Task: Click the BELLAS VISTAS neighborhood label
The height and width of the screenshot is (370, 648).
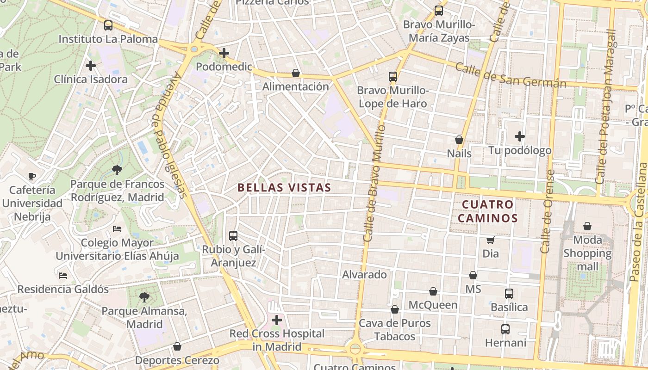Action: [284, 187]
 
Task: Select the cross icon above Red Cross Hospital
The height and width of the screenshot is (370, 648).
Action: [277, 320]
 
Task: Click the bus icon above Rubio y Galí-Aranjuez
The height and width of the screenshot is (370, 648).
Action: [233, 235]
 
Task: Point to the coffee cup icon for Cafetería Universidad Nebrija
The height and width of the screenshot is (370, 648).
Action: [31, 176]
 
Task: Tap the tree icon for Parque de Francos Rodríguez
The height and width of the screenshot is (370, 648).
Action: [117, 170]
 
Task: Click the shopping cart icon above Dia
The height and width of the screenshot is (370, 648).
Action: [491, 240]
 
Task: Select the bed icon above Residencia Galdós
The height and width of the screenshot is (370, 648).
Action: [63, 276]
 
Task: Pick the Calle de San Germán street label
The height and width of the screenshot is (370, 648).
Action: [510, 75]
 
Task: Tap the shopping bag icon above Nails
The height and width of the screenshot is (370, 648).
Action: [459, 139]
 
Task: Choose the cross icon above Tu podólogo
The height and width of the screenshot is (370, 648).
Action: [520, 136]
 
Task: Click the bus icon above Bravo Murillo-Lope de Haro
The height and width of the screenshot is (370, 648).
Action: [393, 76]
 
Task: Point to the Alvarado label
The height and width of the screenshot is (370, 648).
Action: [364, 275]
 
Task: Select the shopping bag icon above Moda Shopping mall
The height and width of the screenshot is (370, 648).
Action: [587, 226]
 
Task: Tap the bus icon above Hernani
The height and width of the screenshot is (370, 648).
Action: [505, 329]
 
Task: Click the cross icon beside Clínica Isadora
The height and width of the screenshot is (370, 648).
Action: [91, 65]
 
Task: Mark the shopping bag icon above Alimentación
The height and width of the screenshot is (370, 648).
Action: [296, 73]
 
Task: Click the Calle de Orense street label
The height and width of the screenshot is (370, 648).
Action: [547, 211]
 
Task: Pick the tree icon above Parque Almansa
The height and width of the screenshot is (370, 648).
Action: [144, 297]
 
